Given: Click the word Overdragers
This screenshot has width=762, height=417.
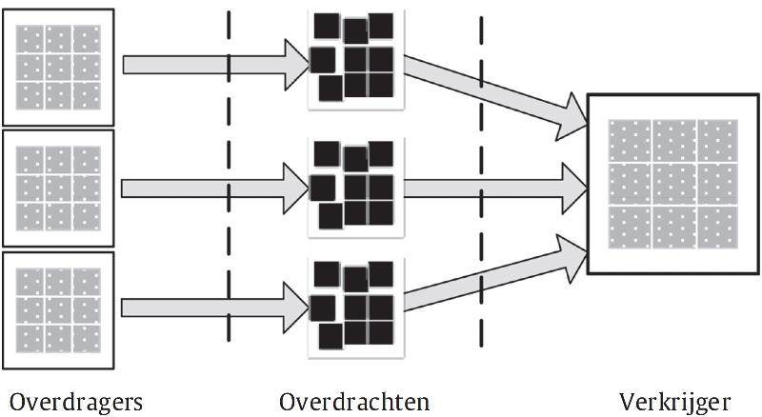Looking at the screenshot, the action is [x=76, y=403].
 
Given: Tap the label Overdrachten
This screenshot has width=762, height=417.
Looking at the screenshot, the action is [x=354, y=402].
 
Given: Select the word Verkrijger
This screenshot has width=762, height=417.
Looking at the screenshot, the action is [x=675, y=403].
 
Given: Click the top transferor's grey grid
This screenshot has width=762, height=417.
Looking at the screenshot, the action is [x=58, y=67].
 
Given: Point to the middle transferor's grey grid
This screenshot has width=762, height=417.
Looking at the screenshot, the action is [x=58, y=189].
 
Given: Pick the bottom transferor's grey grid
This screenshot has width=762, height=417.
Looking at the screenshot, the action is [x=58, y=310].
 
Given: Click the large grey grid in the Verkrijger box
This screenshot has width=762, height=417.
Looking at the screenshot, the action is [x=673, y=184].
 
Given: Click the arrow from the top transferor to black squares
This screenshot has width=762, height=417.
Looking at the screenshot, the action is [x=216, y=65].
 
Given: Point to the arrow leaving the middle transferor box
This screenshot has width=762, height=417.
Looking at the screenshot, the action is [x=215, y=189].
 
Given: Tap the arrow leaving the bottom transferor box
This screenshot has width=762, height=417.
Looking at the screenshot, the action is [x=215, y=308].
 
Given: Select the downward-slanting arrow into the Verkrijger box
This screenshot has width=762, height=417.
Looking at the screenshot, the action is [x=495, y=97].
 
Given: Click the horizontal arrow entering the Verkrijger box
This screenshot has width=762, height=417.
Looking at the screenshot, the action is [x=495, y=189].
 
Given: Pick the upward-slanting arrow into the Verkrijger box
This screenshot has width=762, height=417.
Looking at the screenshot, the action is [x=495, y=272].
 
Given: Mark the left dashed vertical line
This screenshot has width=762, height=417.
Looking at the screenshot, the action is [x=229, y=176].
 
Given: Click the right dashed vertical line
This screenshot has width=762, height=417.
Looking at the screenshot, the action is [x=481, y=182].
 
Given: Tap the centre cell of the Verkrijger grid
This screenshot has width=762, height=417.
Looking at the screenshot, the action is [x=674, y=184].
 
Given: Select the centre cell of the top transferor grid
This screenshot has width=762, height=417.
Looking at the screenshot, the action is [x=59, y=67].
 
